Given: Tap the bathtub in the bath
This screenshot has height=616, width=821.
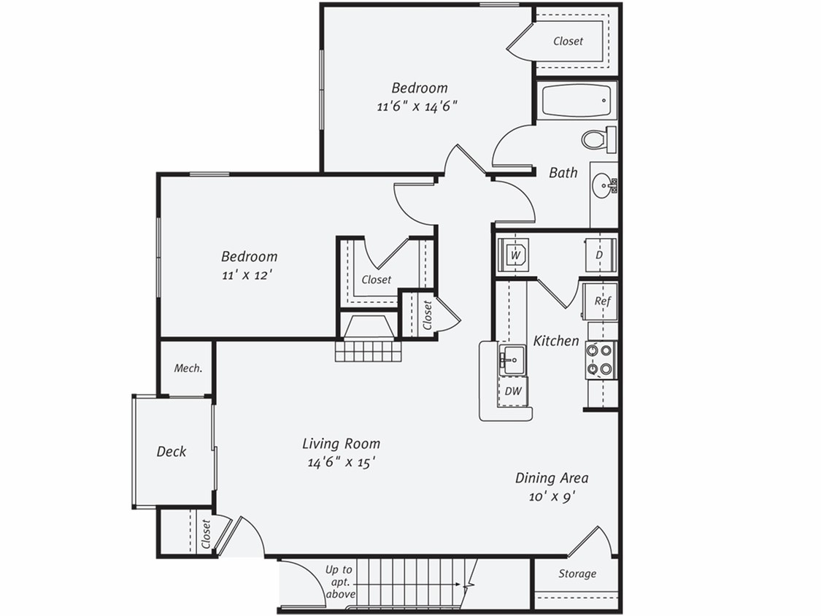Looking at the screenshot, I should [x=577, y=101].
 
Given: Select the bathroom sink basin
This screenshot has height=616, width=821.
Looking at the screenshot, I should [x=605, y=185].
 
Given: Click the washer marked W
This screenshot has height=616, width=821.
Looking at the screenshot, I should [x=515, y=255].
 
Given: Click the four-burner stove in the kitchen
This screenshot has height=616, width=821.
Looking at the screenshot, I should [x=601, y=360].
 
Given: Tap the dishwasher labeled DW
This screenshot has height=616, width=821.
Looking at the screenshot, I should [x=514, y=391].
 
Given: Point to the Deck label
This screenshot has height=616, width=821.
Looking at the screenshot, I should [x=171, y=452].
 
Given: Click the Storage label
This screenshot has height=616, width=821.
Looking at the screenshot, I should [x=577, y=574].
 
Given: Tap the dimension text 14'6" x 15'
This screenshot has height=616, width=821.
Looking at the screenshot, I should [x=341, y=461].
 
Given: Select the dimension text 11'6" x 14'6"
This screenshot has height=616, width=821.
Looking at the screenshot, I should [x=417, y=105].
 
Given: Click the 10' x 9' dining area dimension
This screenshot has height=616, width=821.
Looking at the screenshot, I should [x=551, y=496].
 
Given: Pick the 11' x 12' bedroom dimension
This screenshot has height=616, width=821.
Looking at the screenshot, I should [x=248, y=274].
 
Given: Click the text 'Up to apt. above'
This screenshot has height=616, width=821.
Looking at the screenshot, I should [x=339, y=582].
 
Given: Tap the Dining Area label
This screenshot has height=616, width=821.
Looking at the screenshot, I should [x=552, y=478].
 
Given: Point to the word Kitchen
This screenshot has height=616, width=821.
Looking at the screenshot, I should [x=556, y=341].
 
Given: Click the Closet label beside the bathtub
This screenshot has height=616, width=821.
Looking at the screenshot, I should [x=568, y=41].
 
